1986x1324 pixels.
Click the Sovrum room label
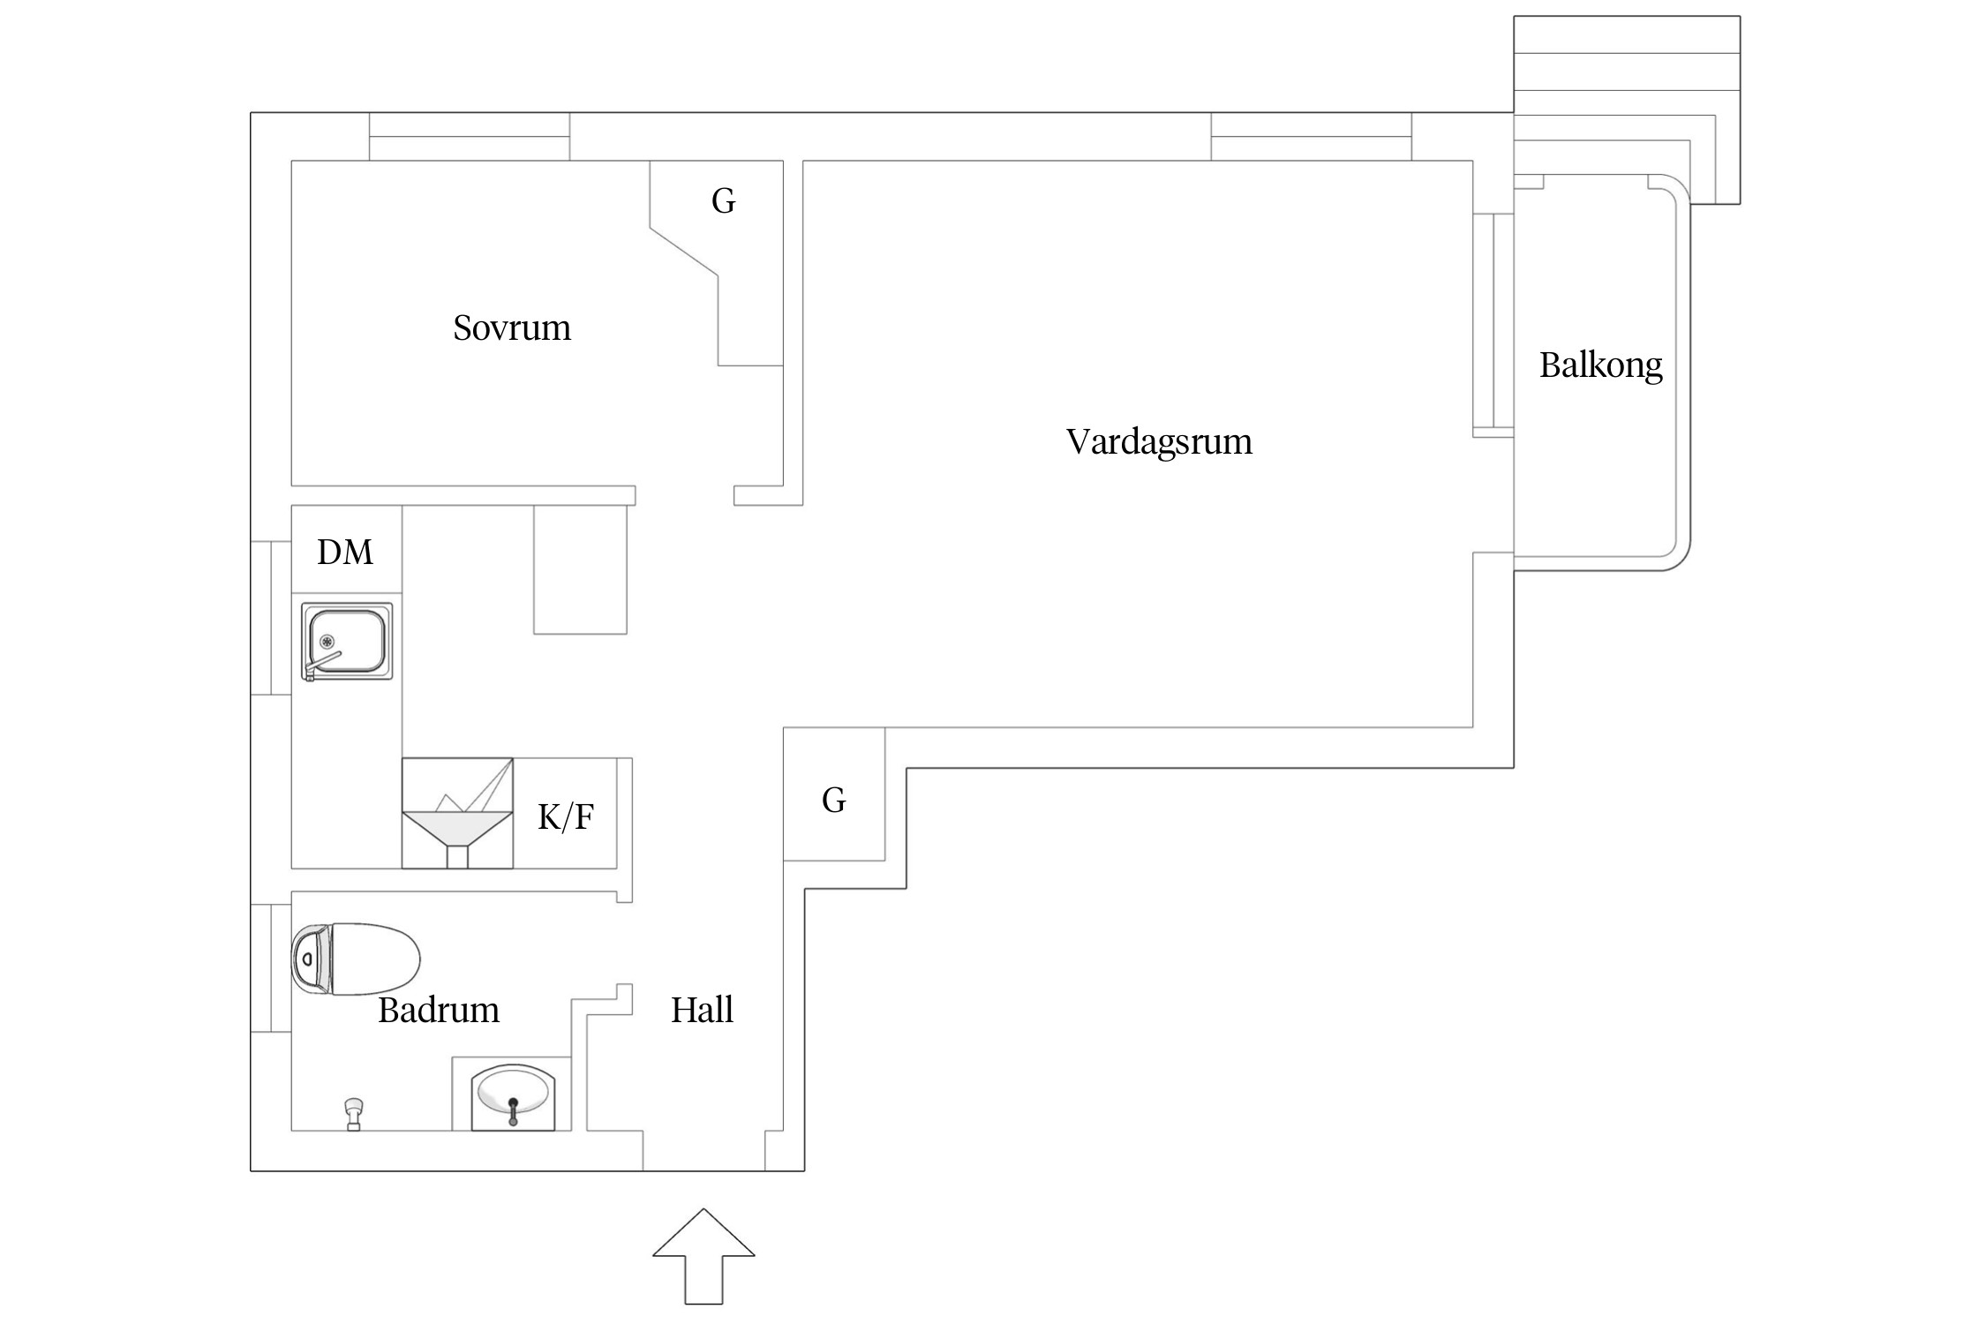click(512, 328)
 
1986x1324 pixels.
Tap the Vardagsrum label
click(1159, 441)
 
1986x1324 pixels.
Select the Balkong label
click(1600, 365)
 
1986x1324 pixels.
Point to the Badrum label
click(439, 1010)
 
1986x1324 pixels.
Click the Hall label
click(702, 1010)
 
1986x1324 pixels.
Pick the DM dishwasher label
click(345, 553)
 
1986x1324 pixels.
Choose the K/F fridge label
click(566, 817)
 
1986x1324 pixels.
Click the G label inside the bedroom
click(723, 201)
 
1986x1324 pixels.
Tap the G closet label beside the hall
click(833, 801)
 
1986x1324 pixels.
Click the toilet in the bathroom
click(356, 959)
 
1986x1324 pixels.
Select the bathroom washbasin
click(512, 1096)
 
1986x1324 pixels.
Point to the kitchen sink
click(347, 640)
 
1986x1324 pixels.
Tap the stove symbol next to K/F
click(457, 813)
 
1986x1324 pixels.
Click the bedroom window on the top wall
click(469, 137)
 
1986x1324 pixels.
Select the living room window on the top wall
click(1311, 137)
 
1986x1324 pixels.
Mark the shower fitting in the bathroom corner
click(354, 1114)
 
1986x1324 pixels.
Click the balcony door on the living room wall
click(1493, 325)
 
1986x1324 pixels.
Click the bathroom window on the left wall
click(270, 967)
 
